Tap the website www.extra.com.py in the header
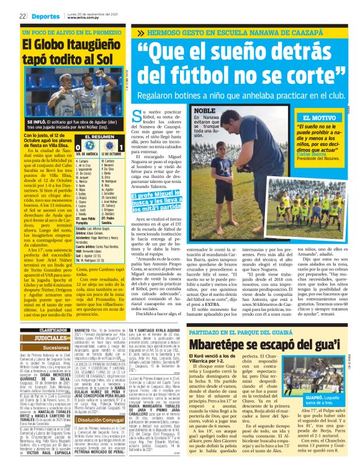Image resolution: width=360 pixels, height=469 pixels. pos(81,20)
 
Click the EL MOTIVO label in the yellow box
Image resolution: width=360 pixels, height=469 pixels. pos(317,118)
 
